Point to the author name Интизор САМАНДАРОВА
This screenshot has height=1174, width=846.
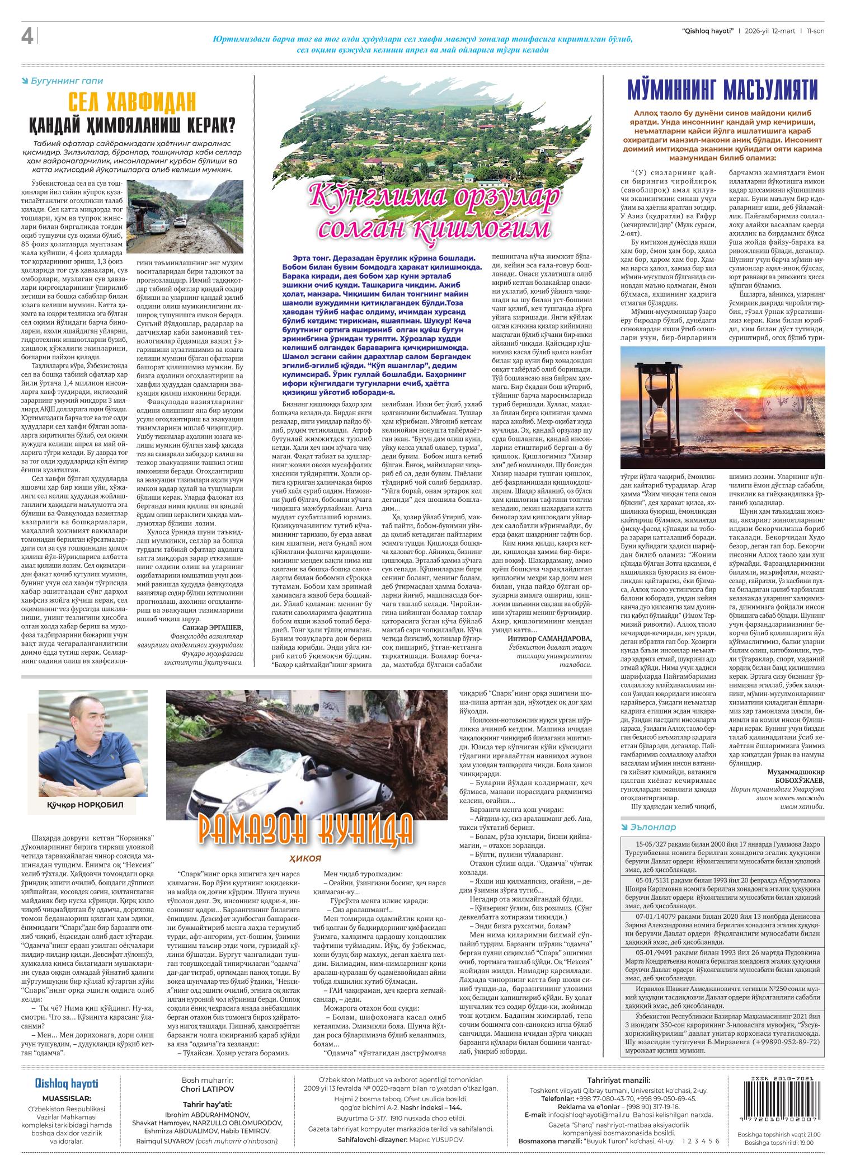tap(549, 638)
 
